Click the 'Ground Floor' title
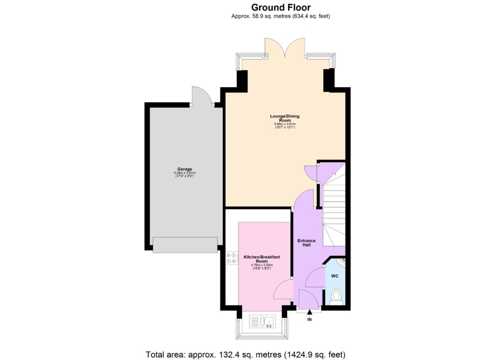[x=281, y=7]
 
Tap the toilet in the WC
[x=336, y=295]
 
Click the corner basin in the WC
[x=341, y=262]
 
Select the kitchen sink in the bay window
[x=263, y=322]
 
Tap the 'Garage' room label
[x=181, y=169]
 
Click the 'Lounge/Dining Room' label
[x=285, y=118]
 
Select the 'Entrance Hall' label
[x=306, y=243]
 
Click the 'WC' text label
[x=335, y=276]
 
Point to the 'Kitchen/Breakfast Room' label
[x=262, y=259]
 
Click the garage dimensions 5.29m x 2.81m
[x=181, y=173]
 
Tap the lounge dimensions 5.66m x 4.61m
[x=285, y=124]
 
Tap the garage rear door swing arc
[x=201, y=96]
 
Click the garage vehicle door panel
[x=185, y=245]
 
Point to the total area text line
[x=246, y=355]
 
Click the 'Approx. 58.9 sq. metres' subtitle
[x=280, y=16]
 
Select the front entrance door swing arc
[x=307, y=298]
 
